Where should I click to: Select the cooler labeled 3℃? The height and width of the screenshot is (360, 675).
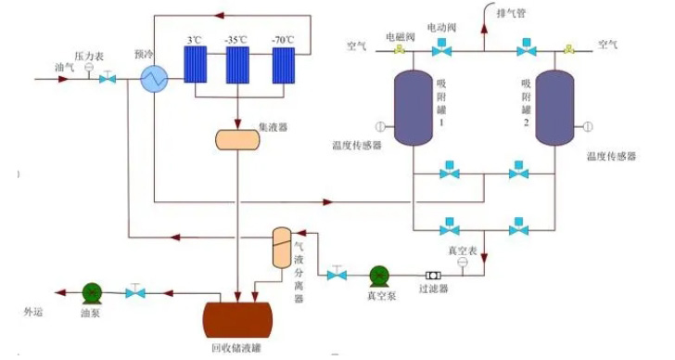point(197,64)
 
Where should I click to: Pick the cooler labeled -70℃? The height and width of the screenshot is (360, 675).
point(286,64)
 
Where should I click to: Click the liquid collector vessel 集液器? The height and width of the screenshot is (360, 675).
point(238,139)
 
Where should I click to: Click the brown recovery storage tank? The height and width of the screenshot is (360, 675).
point(236,318)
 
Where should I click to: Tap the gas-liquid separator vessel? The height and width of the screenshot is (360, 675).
point(282,247)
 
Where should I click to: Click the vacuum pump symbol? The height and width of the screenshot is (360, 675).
point(380,276)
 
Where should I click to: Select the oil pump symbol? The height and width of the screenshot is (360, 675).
point(90,292)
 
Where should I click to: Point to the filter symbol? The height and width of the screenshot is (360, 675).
point(433,276)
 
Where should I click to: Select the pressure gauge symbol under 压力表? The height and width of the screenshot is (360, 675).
point(89,69)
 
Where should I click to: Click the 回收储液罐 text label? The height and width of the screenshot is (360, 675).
point(236,351)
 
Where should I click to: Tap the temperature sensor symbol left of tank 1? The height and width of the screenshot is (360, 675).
point(379,127)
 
